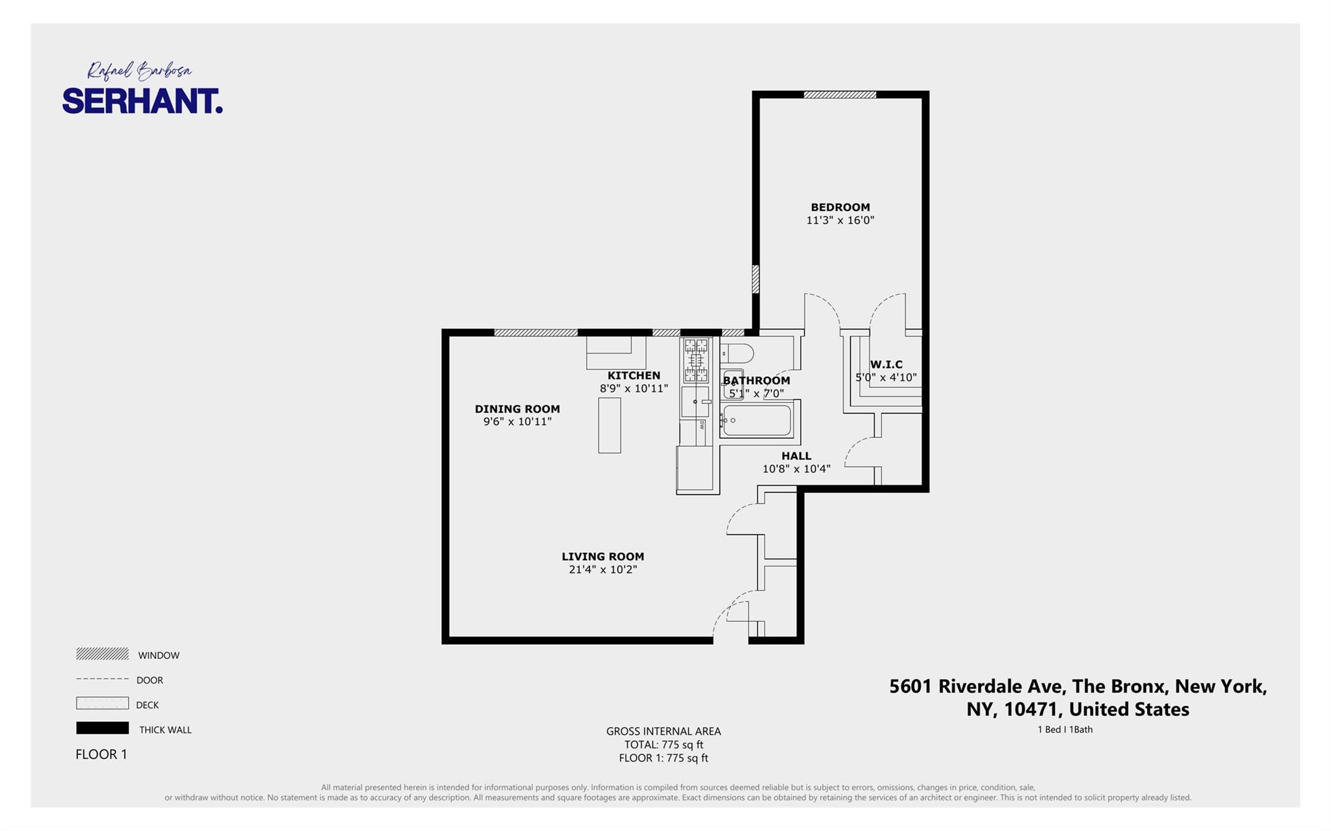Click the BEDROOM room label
coord(840,207)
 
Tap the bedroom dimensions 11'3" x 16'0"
coord(840,220)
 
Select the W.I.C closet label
coord(886,364)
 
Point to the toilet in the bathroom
coord(738,354)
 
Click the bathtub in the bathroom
coord(757,420)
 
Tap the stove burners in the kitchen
coord(695,360)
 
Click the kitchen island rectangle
coord(609,425)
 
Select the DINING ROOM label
coord(517,409)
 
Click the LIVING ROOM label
coord(602,556)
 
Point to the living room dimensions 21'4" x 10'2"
coord(602,570)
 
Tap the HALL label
coord(796,456)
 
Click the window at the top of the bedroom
coord(840,95)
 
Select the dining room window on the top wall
coord(536,333)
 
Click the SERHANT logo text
coord(142,101)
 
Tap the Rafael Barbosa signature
coord(139,70)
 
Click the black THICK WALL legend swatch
coord(102,728)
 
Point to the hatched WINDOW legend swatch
coord(102,654)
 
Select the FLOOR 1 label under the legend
coord(101,754)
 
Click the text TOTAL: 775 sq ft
coord(664,745)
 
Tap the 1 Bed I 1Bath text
coord(1065,730)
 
